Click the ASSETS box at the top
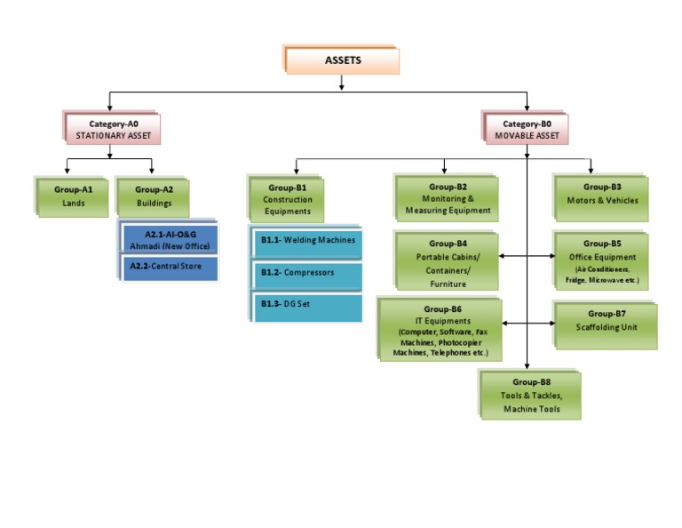(x=342, y=60)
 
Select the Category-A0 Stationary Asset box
(x=114, y=130)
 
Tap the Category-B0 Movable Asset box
(x=527, y=130)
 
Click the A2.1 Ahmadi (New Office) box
(x=171, y=240)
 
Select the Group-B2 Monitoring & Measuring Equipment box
(x=448, y=199)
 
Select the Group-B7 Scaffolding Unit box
(x=607, y=321)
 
